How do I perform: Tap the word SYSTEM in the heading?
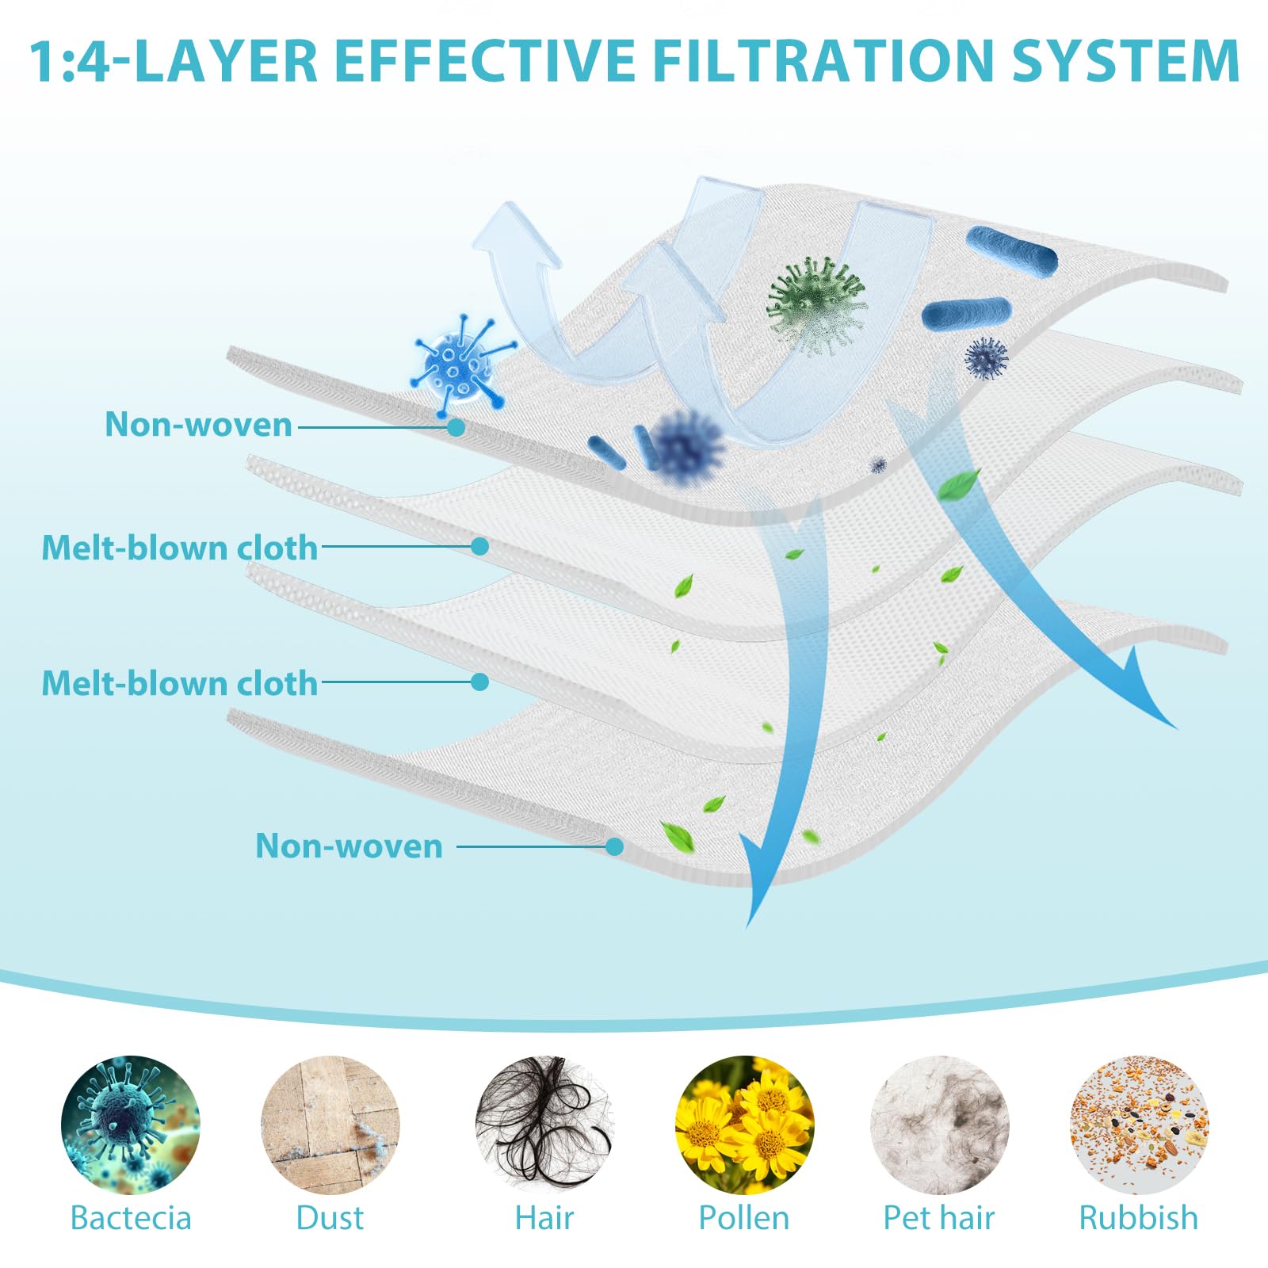point(1125,60)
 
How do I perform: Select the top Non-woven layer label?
point(199,425)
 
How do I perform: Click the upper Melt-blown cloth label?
point(180,548)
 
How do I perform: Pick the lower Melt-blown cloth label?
point(180,683)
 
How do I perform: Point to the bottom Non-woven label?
point(349,846)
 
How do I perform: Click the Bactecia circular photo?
point(131,1125)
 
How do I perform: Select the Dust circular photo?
point(330,1125)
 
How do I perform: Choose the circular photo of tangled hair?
point(544,1125)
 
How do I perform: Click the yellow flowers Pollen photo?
point(744,1125)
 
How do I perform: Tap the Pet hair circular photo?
point(939,1125)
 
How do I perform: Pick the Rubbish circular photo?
point(1139,1125)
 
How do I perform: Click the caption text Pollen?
point(744,1218)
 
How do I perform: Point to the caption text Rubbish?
point(1139,1218)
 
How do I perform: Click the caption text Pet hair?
point(939,1218)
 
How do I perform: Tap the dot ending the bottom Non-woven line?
point(614,846)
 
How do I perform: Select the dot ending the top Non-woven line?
point(456,427)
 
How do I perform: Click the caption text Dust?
point(330,1218)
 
